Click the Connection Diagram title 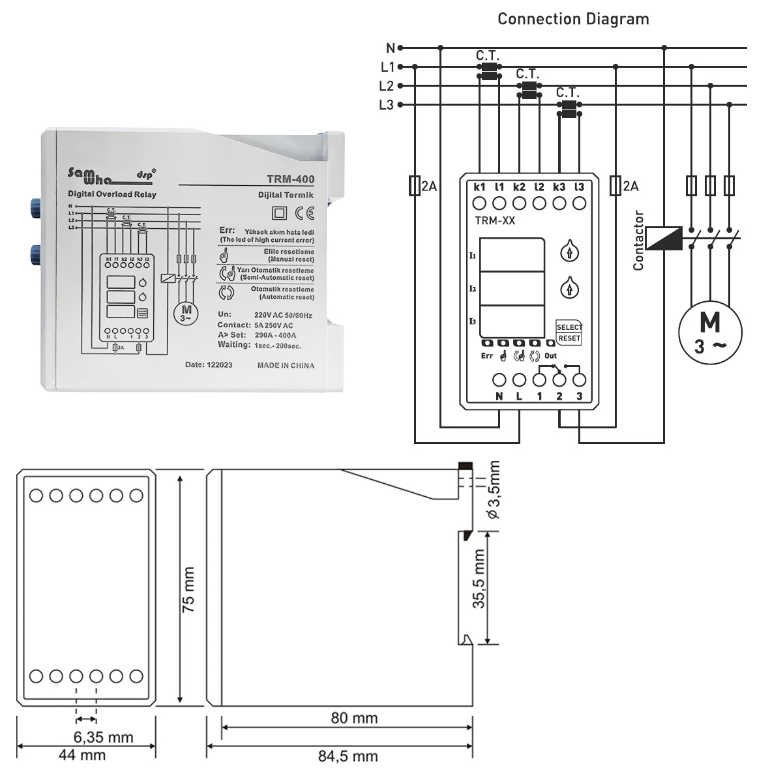[x=573, y=19]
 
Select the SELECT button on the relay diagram [x=569, y=327]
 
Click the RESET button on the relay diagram [x=569, y=338]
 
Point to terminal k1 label [x=480, y=187]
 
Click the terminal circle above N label [x=499, y=379]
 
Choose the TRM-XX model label [x=495, y=221]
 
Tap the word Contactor [x=638, y=241]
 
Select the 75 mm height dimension [x=188, y=589]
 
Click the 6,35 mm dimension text [x=103, y=737]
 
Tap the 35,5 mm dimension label [x=479, y=580]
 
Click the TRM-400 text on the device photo [x=290, y=179]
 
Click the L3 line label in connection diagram [x=387, y=105]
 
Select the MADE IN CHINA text [x=286, y=366]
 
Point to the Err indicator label [x=486, y=356]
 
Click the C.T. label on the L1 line [x=488, y=56]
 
